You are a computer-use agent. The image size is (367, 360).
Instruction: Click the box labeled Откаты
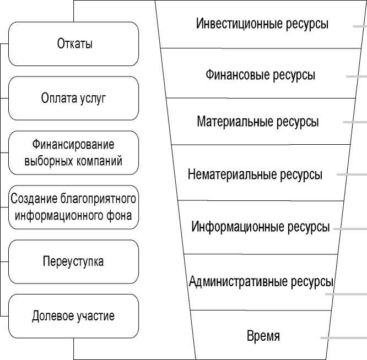(74, 44)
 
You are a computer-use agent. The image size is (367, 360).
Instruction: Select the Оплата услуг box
(74, 99)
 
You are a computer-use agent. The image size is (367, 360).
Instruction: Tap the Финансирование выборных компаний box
(74, 153)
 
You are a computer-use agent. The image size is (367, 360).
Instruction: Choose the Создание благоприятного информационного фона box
(74, 208)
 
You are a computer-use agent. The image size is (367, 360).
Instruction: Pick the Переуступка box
(74, 261)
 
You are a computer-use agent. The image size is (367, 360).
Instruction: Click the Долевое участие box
(74, 316)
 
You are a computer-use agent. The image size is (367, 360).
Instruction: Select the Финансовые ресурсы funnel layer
(260, 75)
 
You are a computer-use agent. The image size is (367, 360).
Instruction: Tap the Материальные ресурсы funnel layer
(257, 122)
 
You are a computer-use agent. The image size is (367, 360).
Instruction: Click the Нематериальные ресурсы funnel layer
(255, 175)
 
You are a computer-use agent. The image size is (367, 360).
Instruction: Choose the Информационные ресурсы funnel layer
(260, 227)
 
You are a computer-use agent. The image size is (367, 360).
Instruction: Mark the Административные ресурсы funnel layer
(261, 282)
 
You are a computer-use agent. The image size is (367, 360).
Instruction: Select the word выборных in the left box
(47, 161)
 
